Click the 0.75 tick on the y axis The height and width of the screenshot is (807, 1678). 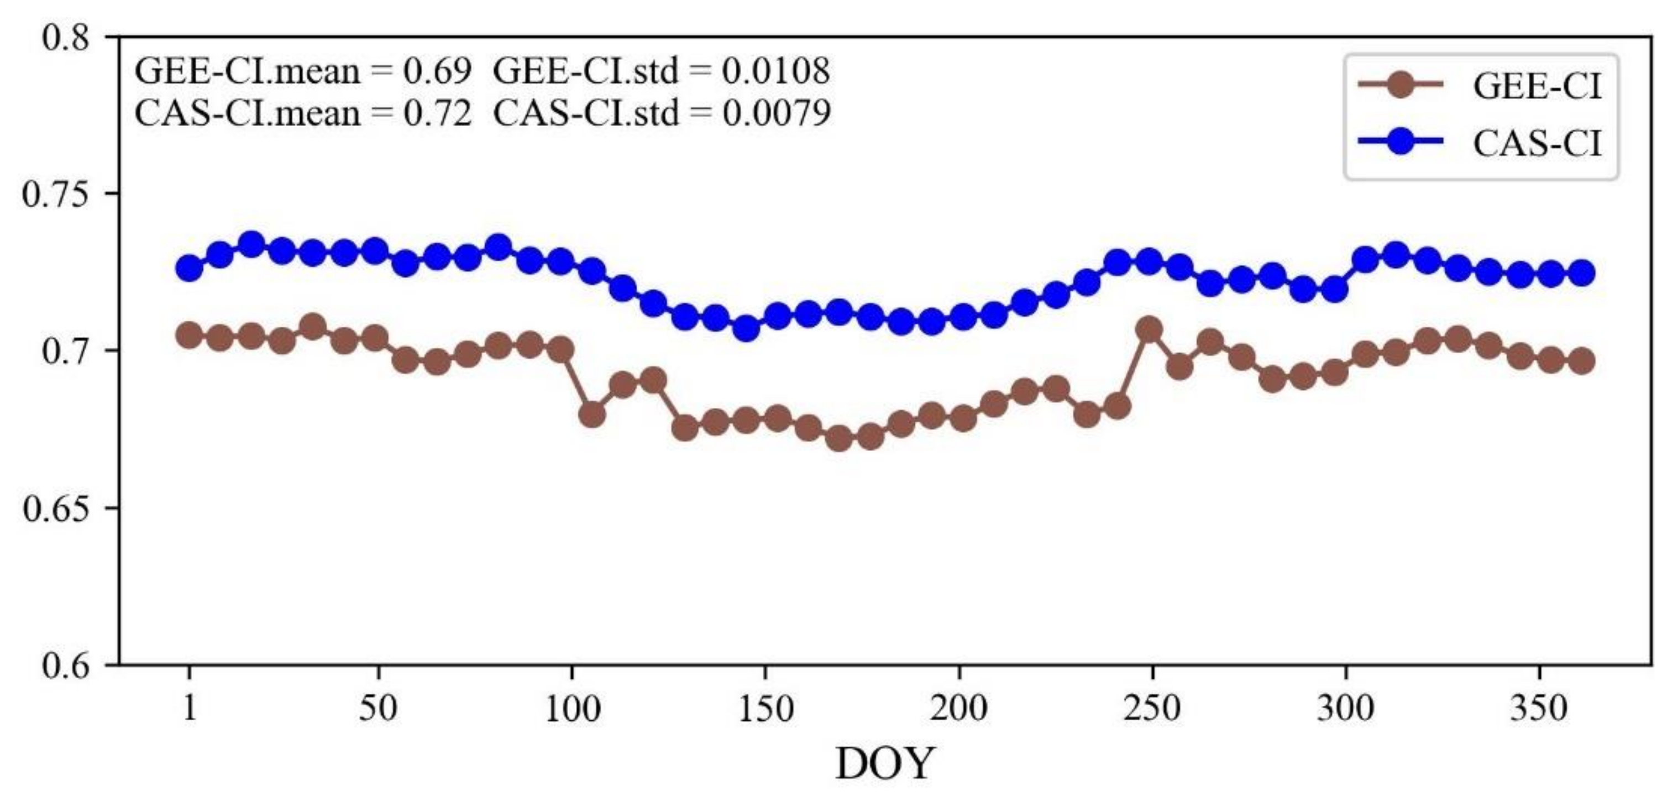[x=57, y=194]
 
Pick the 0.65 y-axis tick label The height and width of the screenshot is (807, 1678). [x=57, y=509]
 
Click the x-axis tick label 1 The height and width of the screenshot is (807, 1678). [x=189, y=709]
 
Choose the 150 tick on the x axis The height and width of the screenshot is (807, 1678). [x=765, y=709]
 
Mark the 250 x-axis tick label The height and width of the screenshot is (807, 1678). [x=1152, y=709]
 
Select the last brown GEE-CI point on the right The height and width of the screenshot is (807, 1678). [x=1582, y=361]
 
